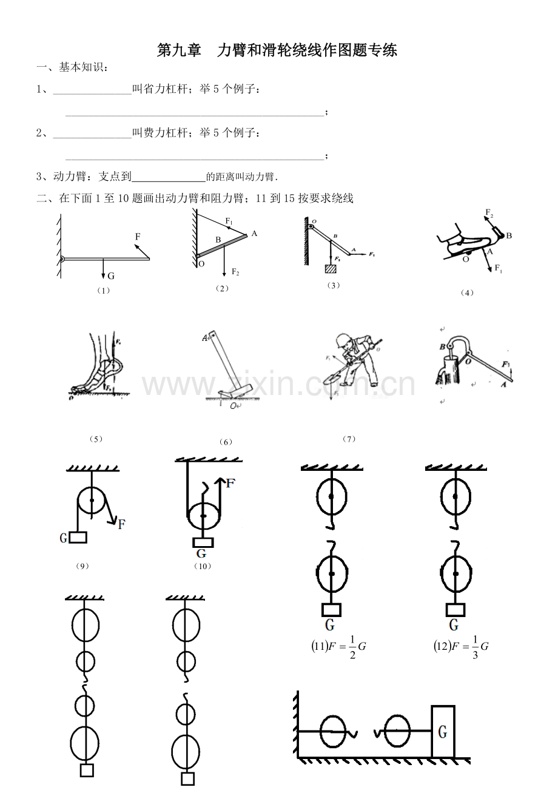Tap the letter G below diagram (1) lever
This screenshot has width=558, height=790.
(110, 276)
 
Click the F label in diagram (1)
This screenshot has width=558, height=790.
(138, 235)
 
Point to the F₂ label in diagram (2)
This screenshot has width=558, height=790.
(235, 272)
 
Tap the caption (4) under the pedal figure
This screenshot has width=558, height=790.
(466, 292)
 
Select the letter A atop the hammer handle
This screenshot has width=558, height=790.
(206, 338)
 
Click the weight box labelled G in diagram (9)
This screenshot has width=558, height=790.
(77, 537)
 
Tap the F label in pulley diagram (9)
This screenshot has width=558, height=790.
(122, 524)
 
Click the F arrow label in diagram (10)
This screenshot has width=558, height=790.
(230, 484)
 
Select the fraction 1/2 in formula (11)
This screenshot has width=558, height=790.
(352, 647)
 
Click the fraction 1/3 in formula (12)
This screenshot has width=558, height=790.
(475, 647)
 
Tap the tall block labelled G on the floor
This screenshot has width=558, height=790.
(443, 732)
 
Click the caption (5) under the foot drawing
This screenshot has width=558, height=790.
(95, 439)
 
